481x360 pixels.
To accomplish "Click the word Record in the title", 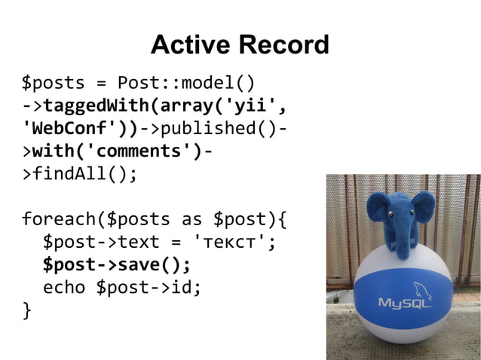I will pos(283,45).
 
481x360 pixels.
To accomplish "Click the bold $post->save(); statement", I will pos(117,265).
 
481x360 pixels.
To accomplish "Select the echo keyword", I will pos(64,288).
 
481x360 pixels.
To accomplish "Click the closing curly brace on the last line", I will pos(27,310).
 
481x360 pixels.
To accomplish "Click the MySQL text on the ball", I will pos(404,304).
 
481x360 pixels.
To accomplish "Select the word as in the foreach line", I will pos(191,220).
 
